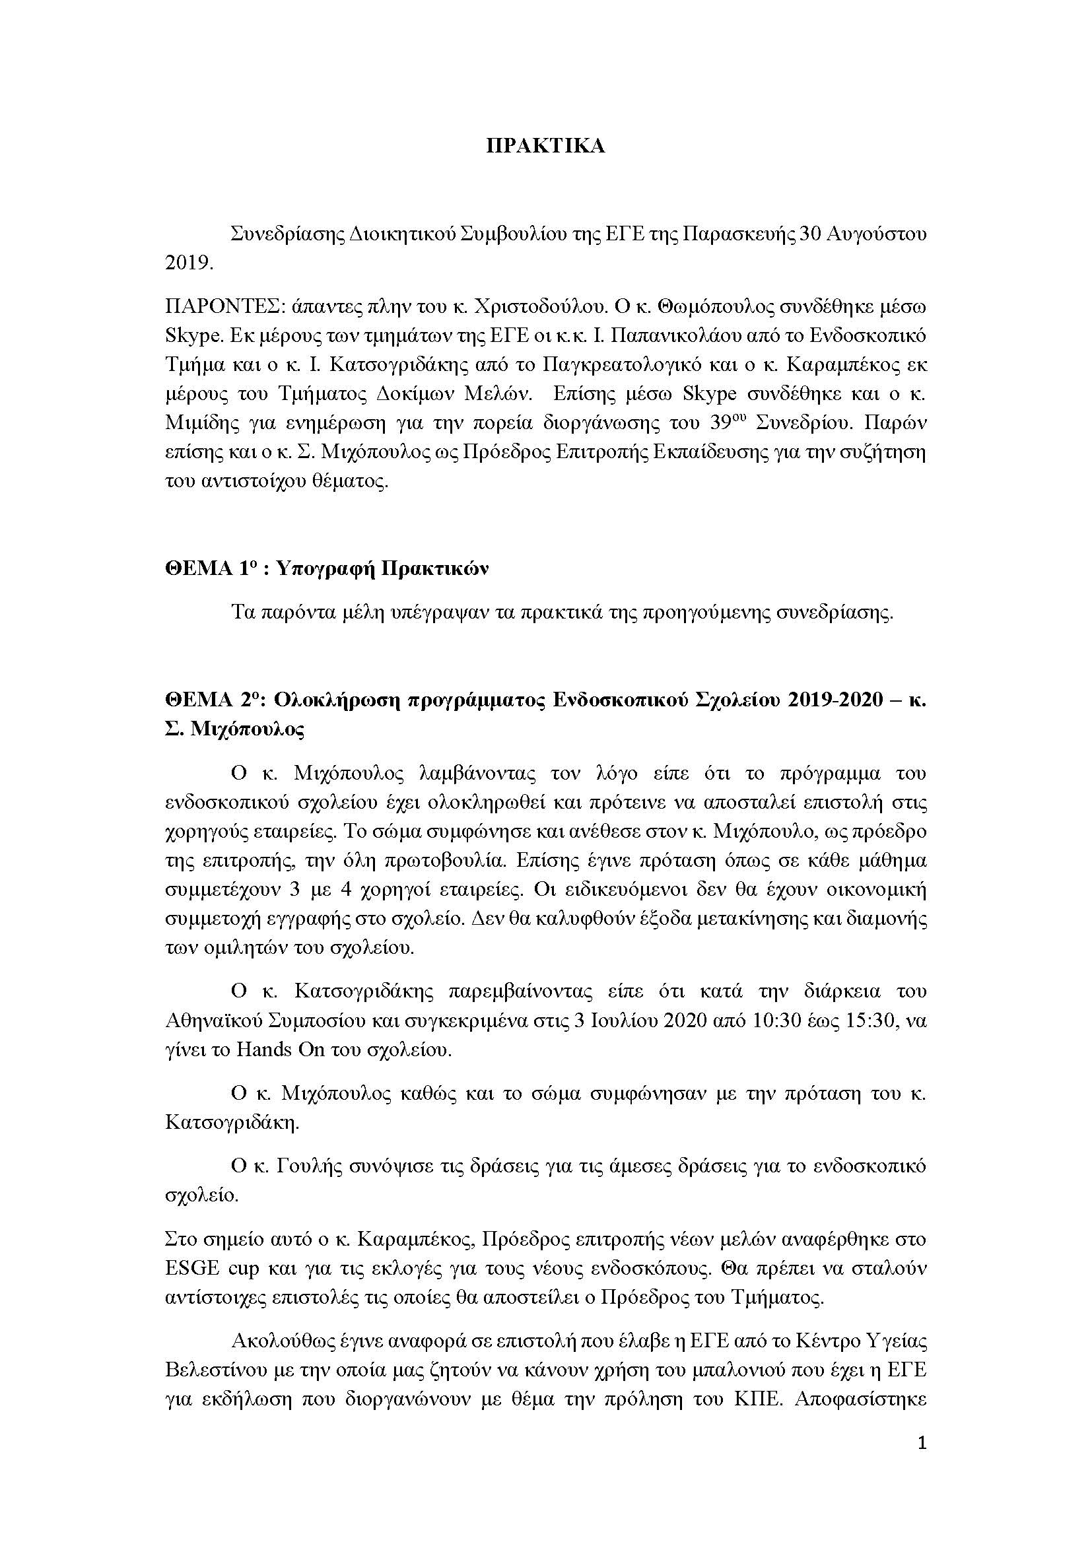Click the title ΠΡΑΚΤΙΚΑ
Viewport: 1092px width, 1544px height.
(545, 147)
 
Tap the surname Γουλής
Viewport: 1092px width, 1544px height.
(310, 1166)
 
